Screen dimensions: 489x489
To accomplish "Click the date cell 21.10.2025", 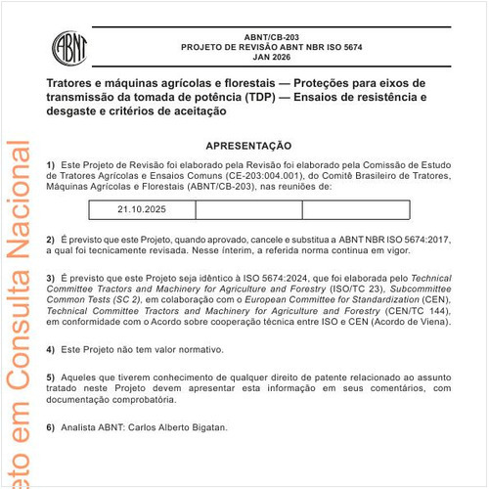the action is (x=142, y=209).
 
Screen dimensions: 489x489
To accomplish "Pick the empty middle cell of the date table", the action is (x=248, y=209).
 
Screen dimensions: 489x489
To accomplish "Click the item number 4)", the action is (x=51, y=349).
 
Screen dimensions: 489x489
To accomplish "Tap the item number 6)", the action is (x=51, y=427).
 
